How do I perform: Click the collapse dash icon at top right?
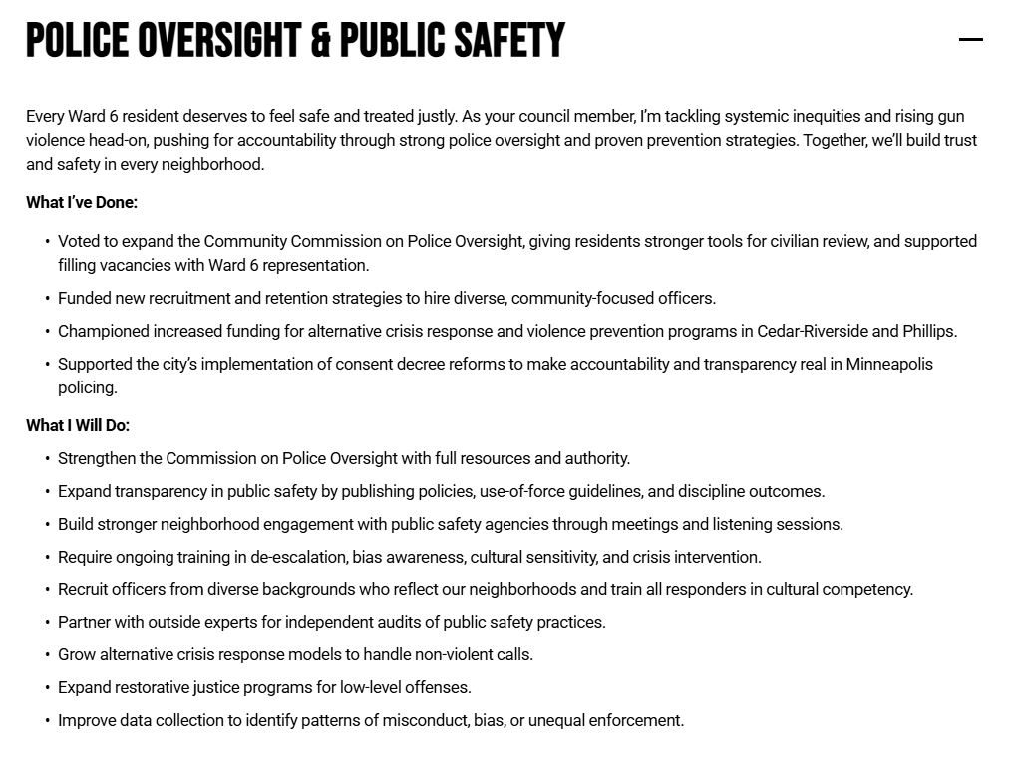click(970, 40)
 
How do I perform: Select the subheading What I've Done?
click(82, 202)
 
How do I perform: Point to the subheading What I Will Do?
click(78, 425)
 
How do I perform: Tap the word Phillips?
click(928, 331)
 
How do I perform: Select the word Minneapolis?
click(889, 364)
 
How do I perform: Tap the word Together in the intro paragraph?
click(835, 140)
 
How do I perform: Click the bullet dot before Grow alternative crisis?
click(47, 655)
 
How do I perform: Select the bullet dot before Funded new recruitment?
click(47, 299)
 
